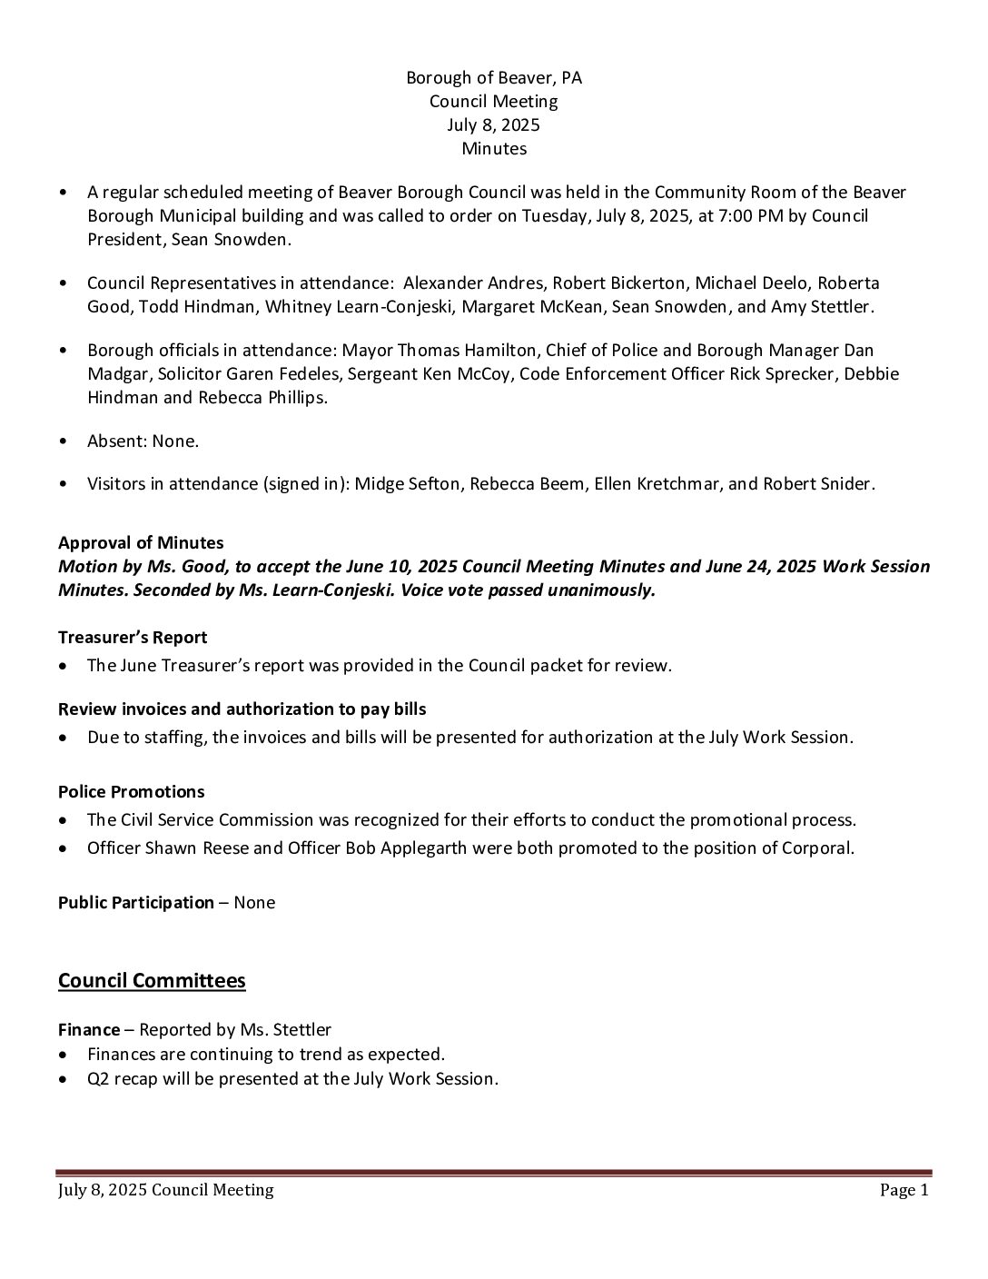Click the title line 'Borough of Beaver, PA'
pos(493,78)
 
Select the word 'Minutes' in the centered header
pos(493,148)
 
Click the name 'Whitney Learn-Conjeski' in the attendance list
pos(360,307)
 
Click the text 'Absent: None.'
pos(143,441)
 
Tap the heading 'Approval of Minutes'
pos(141,543)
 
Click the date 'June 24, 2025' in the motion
pos(762,567)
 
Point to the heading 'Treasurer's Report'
pos(133,638)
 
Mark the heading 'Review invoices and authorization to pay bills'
pos(242,709)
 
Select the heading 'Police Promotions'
pos(131,792)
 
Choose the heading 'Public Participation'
pos(136,903)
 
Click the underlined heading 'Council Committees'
pos(152,981)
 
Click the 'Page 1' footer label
pos(904,1190)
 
